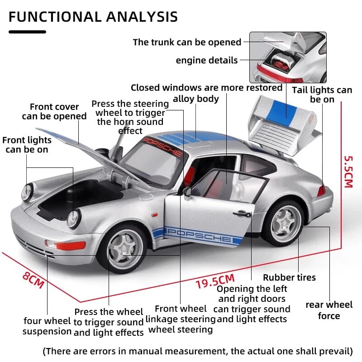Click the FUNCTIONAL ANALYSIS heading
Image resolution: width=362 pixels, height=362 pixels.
(93, 17)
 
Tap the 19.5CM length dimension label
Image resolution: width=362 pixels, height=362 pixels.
(215, 281)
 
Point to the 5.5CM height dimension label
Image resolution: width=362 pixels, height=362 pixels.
(348, 171)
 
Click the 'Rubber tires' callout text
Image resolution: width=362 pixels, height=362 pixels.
(289, 277)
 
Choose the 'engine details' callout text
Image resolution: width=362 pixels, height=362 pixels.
(206, 60)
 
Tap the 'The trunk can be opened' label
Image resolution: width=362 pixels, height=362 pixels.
(187, 42)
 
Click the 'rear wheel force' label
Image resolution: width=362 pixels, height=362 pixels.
(329, 310)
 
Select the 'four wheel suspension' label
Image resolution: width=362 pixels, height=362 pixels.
(47, 326)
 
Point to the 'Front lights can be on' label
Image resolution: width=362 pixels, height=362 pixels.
(27, 145)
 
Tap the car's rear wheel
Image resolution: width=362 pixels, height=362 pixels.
(284, 222)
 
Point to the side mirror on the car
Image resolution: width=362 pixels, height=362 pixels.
(187, 192)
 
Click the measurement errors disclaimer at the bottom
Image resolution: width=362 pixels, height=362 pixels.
(197, 351)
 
